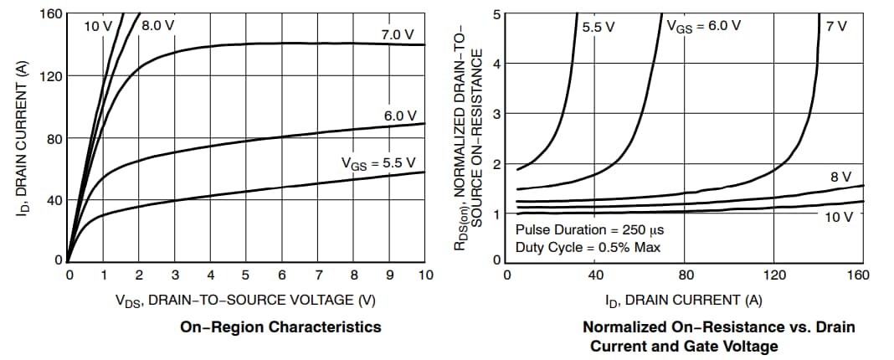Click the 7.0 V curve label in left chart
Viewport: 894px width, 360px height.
[397, 34]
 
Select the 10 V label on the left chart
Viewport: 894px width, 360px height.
[98, 26]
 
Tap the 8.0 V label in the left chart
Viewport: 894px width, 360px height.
[158, 25]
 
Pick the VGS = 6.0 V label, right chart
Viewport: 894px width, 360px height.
[703, 25]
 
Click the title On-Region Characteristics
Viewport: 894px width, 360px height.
[280, 327]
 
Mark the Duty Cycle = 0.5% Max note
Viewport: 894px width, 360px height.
[588, 247]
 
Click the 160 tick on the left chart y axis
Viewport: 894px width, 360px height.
[51, 14]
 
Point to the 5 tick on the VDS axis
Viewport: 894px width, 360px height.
[247, 275]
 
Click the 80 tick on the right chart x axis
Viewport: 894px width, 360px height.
[685, 275]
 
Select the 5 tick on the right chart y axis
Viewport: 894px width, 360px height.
[496, 14]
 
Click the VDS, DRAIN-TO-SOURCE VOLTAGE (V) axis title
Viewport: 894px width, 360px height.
[247, 300]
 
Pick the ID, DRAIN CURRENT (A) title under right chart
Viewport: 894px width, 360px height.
[684, 300]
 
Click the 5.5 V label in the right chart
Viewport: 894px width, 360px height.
[598, 26]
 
